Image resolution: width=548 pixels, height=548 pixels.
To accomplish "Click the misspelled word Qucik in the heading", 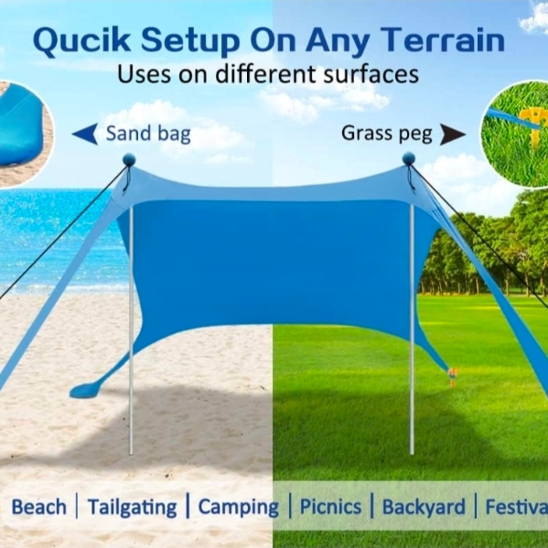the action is (x=82, y=41).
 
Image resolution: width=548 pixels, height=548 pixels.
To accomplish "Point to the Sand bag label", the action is (x=148, y=134).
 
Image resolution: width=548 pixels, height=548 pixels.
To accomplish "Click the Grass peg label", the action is (x=387, y=134).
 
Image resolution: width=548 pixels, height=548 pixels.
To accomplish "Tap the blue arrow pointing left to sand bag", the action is (x=85, y=134).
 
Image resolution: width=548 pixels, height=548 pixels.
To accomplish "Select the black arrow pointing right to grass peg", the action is (x=452, y=134).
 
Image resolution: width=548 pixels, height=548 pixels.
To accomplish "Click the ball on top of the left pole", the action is (x=129, y=160).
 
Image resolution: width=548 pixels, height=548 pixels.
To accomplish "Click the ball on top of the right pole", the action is (x=409, y=158).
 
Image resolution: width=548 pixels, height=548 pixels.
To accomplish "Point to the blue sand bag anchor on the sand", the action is (x=85, y=391).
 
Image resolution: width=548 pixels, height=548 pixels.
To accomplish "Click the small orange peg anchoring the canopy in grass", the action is (x=452, y=377).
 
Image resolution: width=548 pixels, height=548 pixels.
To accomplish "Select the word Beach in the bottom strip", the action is (x=38, y=507).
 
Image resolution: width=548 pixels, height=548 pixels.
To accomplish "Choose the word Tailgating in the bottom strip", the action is (x=132, y=508).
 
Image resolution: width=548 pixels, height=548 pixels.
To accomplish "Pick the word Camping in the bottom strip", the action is (x=239, y=508).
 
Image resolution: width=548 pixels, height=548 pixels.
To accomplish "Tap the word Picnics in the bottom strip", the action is (x=330, y=507).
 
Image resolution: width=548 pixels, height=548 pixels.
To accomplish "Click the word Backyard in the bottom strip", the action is (x=424, y=508).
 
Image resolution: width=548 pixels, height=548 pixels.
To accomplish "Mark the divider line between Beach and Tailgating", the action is (x=77, y=506).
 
